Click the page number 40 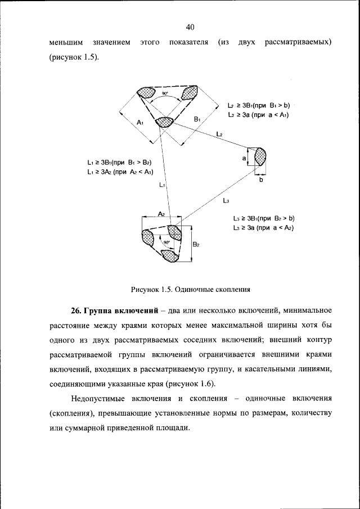189,27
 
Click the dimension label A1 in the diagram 141,123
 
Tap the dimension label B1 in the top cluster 197,119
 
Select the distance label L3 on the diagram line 225,200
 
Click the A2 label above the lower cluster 161,214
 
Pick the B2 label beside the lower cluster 196,244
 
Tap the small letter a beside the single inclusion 245,159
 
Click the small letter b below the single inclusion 260,181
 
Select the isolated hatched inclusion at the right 260,156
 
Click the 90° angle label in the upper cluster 165,93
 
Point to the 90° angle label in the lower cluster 166,242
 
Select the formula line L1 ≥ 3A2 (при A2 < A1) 120,172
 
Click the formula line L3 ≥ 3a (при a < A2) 264,227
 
